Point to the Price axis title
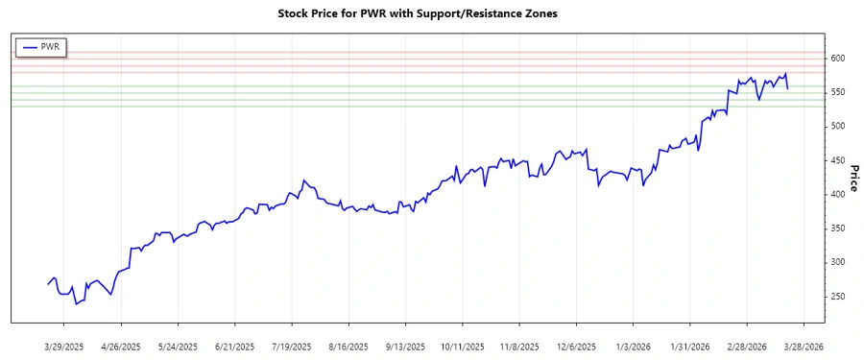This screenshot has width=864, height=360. point(853,179)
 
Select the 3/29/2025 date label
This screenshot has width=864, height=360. point(64,346)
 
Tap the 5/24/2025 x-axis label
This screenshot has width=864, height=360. point(178,346)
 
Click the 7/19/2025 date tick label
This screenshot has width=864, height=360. point(291,346)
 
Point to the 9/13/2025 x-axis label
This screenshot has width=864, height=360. point(404,346)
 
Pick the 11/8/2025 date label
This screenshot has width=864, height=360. point(517,346)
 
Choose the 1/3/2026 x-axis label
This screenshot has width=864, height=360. point(632,346)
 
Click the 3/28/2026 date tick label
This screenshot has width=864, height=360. point(802,346)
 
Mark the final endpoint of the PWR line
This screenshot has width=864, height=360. point(788,88)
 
